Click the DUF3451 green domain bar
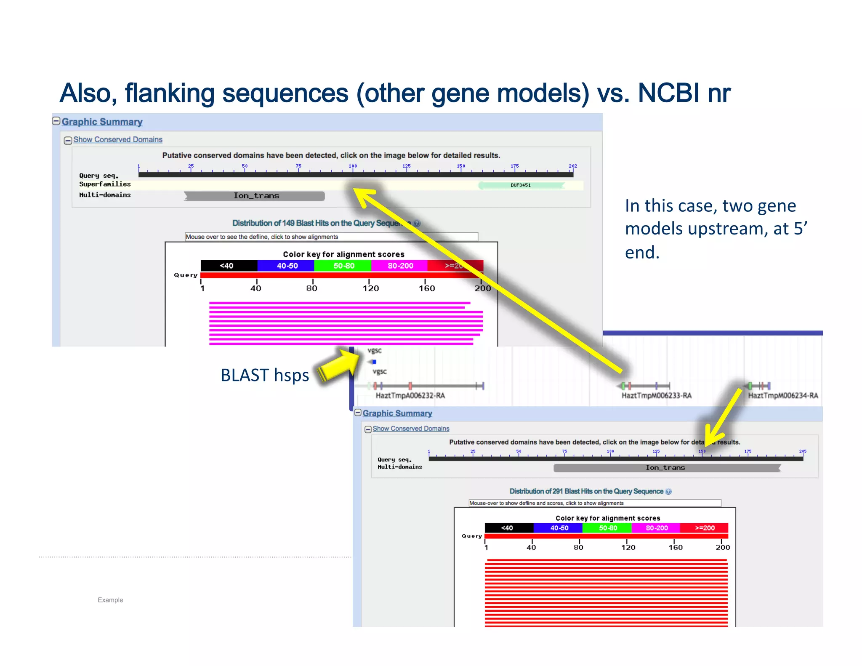pyautogui.click(x=521, y=185)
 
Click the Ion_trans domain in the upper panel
pyautogui.click(x=255, y=196)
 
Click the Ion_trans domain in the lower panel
pyautogui.click(x=666, y=468)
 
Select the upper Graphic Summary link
pyautogui.click(x=102, y=122)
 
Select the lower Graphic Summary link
pyautogui.click(x=397, y=413)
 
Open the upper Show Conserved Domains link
pyautogui.click(x=118, y=139)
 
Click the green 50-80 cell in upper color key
pyautogui.click(x=343, y=266)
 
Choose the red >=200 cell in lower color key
pyautogui.click(x=704, y=528)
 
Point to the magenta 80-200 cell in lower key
pyautogui.click(x=656, y=528)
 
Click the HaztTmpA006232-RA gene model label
pyautogui.click(x=410, y=396)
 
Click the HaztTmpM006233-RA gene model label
pyautogui.click(x=656, y=396)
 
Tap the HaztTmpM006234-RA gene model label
pyautogui.click(x=782, y=396)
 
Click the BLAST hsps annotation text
pyautogui.click(x=265, y=375)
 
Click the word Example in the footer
pyautogui.click(x=110, y=600)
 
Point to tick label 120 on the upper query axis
pyautogui.click(x=370, y=288)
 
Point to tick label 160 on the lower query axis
pyautogui.click(x=675, y=547)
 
